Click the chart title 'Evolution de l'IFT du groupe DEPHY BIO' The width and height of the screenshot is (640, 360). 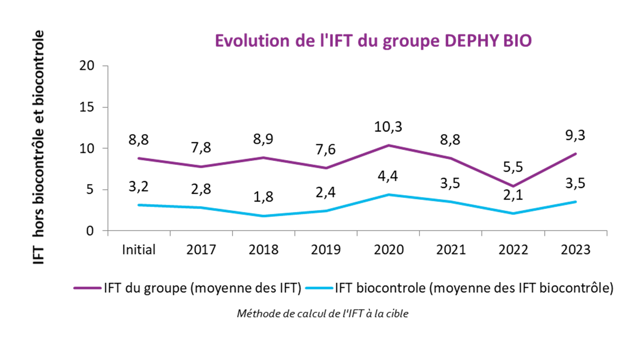coord(372,41)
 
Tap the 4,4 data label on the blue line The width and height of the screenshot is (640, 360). coord(388,176)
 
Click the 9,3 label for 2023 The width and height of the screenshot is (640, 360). coord(575,135)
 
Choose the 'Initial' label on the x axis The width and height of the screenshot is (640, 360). coord(139,249)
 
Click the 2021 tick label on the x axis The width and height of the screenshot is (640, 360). coord(451,249)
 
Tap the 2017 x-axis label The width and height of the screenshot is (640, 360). coord(201,249)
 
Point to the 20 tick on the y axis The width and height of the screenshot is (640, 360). coord(88,66)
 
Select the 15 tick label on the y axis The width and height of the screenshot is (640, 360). coord(88,107)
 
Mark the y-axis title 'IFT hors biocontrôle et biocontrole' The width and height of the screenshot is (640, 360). coord(39,147)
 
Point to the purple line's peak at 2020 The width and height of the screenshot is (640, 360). coord(388,145)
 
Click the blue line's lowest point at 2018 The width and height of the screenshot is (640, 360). coord(264,216)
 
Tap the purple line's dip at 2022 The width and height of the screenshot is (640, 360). coord(513,186)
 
